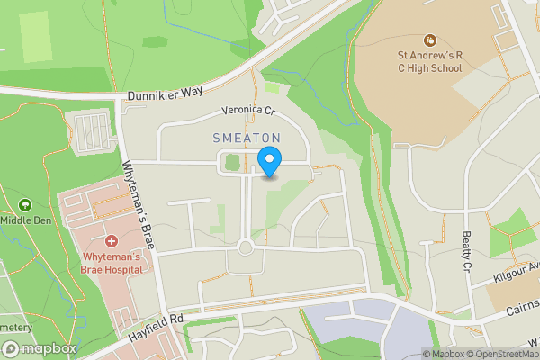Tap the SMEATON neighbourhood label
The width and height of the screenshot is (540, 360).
[x=247, y=138]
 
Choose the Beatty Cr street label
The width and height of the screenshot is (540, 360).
[x=467, y=249]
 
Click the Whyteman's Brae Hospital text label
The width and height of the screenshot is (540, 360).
[x=112, y=263]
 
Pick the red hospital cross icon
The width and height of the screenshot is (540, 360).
[x=112, y=241]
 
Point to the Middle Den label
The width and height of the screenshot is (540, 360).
[x=24, y=219]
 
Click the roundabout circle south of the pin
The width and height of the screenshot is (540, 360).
[x=245, y=247]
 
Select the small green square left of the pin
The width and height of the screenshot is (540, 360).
[x=233, y=163]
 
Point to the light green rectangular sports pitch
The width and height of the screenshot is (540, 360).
[x=33, y=36]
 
